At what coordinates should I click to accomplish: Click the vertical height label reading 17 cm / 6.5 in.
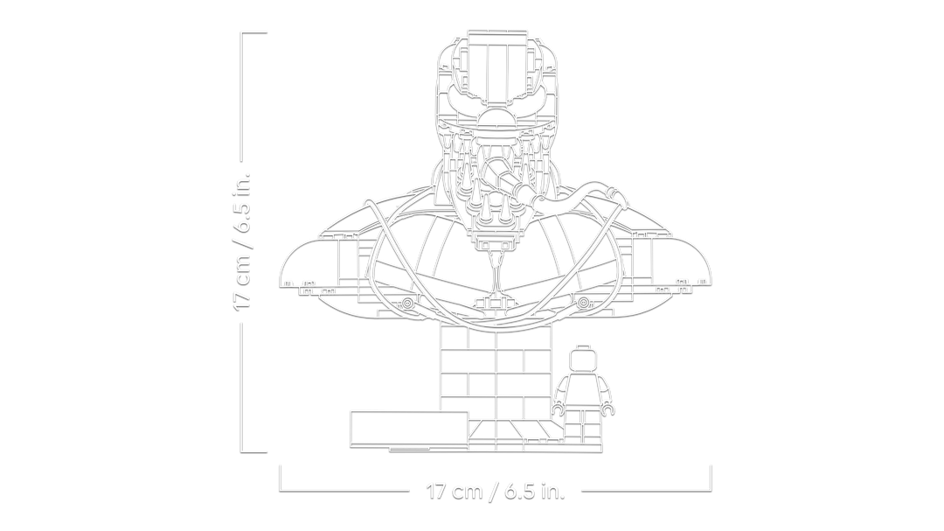coord(243,242)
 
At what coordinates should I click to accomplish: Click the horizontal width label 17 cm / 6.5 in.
coord(496,492)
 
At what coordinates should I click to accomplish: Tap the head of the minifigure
coord(583,361)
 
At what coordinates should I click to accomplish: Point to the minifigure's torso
coord(583,390)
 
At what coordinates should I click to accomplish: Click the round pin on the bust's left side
coord(407,304)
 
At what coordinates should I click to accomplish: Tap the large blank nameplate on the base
coord(409,430)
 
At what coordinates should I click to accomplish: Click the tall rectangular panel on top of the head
coord(497,73)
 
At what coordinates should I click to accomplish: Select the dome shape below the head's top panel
coord(497,121)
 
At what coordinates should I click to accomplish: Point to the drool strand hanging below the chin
coord(496,274)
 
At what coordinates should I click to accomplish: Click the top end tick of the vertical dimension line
coord(254,33)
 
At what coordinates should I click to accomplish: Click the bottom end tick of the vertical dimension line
coord(254,451)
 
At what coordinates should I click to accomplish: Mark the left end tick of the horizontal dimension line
coord(280,478)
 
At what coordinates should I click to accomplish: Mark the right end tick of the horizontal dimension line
coord(711,478)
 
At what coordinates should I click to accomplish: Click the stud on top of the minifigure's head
coord(583,346)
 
